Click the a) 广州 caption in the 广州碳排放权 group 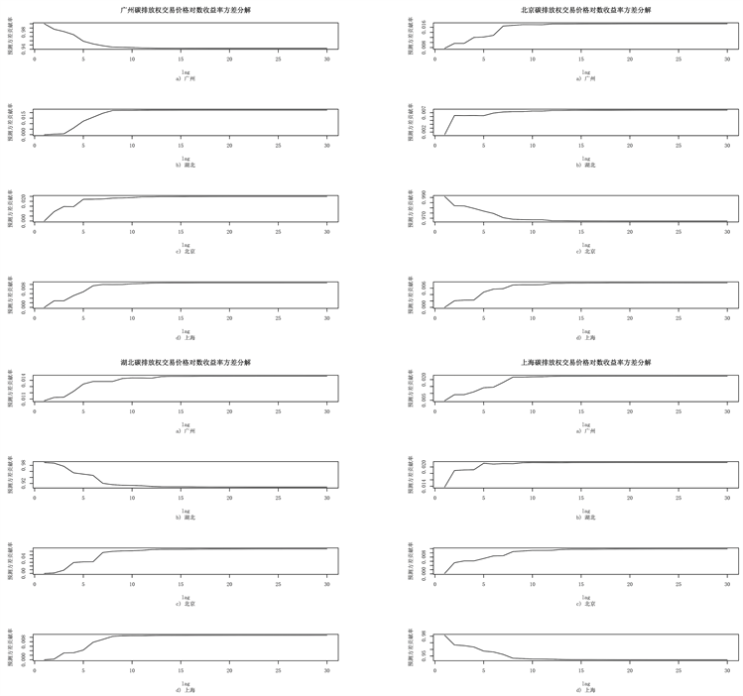point(186,77)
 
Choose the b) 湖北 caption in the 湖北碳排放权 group point(186,517)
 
